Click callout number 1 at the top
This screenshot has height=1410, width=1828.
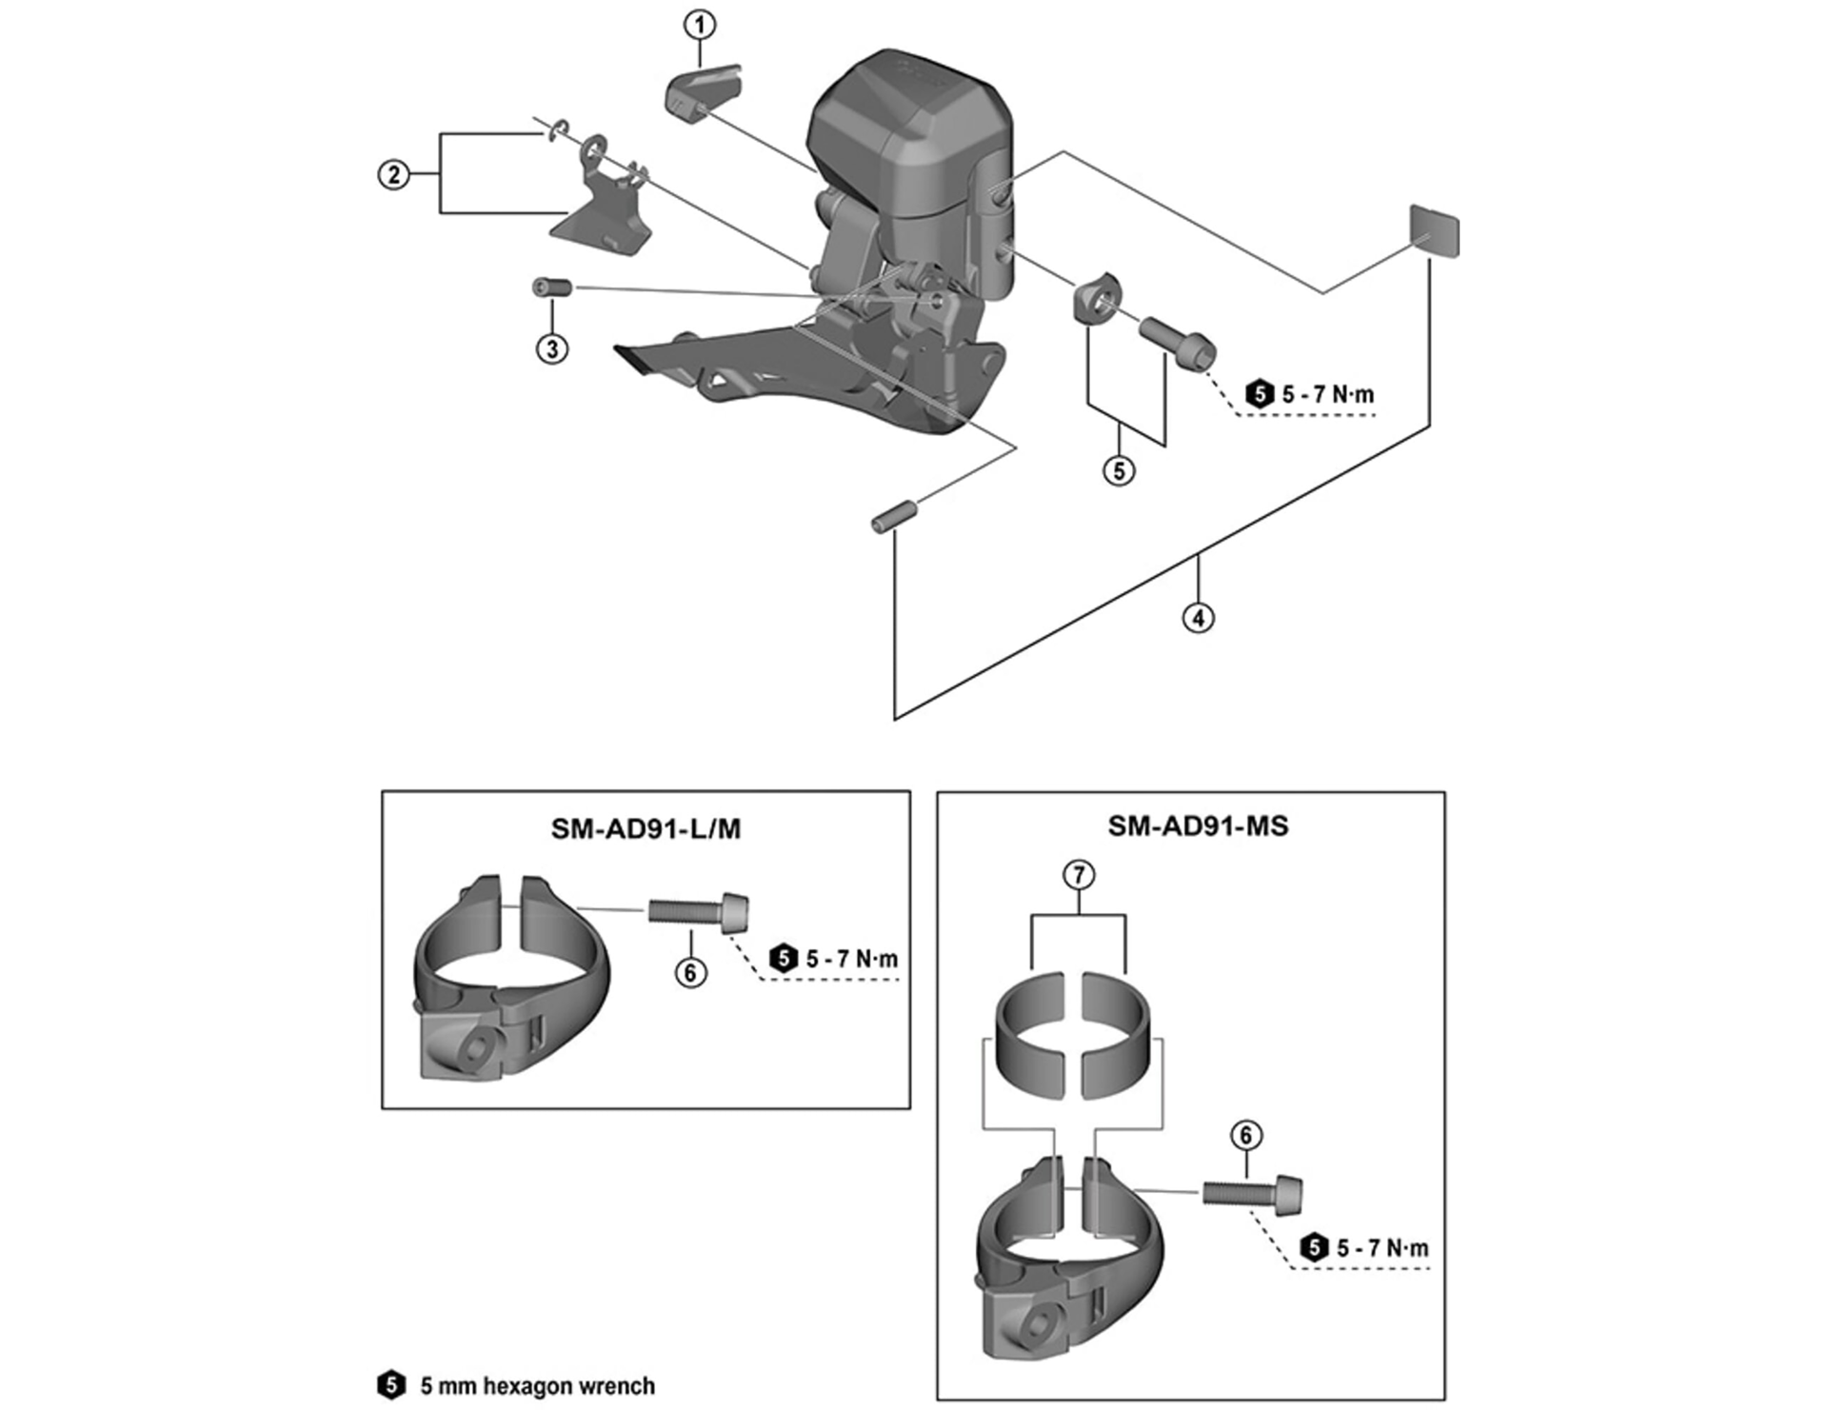click(x=700, y=25)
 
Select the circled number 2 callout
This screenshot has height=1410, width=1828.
click(x=393, y=175)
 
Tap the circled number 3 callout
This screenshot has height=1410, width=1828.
click(x=552, y=348)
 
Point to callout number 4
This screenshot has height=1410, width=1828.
click(x=1198, y=618)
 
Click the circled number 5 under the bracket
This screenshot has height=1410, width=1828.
click(x=1119, y=470)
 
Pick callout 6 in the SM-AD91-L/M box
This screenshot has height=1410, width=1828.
click(x=690, y=972)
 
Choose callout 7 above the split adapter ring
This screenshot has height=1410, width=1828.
click(x=1079, y=875)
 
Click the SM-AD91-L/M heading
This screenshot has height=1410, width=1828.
click(x=646, y=829)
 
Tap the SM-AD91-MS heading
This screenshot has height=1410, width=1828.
click(x=1198, y=825)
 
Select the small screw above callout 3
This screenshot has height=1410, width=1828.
click(x=551, y=287)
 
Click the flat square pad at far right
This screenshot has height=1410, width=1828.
click(x=1434, y=231)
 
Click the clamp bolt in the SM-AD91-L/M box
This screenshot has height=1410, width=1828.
click(x=698, y=912)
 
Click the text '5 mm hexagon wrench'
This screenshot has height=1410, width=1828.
click(x=537, y=1385)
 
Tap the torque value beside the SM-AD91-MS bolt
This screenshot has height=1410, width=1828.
click(x=1382, y=1248)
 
